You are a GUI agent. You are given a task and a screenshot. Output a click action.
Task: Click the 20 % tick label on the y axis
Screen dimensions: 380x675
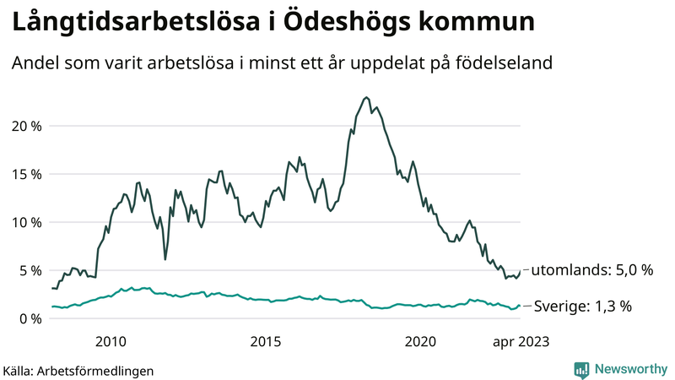pyautogui.click(x=25, y=126)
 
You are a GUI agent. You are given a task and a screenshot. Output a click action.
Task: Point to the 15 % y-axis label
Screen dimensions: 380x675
pyautogui.click(x=25, y=174)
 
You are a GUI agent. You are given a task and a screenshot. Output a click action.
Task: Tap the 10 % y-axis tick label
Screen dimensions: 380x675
pyautogui.click(x=25, y=222)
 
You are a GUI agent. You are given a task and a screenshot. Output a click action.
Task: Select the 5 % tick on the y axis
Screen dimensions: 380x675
pyautogui.click(x=29, y=270)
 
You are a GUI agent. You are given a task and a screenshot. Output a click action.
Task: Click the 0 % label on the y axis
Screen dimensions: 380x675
pyautogui.click(x=29, y=318)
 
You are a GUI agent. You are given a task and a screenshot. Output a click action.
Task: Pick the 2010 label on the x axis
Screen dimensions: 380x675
pyautogui.click(x=111, y=341)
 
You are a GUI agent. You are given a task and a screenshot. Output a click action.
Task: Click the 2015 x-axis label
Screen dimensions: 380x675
pyautogui.click(x=265, y=341)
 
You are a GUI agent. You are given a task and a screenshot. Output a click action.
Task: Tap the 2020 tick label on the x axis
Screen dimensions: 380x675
pyautogui.click(x=420, y=341)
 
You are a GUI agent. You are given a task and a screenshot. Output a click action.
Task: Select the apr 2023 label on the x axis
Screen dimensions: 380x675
pyautogui.click(x=521, y=341)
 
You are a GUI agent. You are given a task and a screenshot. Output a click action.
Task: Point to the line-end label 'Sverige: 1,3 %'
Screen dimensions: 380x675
pyautogui.click(x=583, y=307)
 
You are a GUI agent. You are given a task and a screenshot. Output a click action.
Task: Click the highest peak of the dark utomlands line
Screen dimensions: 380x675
pyautogui.click(x=365, y=97)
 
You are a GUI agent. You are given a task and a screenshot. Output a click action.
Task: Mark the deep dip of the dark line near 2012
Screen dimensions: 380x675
pyautogui.click(x=165, y=258)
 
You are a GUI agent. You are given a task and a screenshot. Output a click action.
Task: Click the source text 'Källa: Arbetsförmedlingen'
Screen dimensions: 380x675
pyautogui.click(x=78, y=370)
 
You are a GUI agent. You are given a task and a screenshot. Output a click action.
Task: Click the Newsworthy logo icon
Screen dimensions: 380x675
pyautogui.click(x=581, y=369)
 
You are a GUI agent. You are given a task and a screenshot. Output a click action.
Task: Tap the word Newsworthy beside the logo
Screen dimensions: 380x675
pyautogui.click(x=630, y=369)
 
